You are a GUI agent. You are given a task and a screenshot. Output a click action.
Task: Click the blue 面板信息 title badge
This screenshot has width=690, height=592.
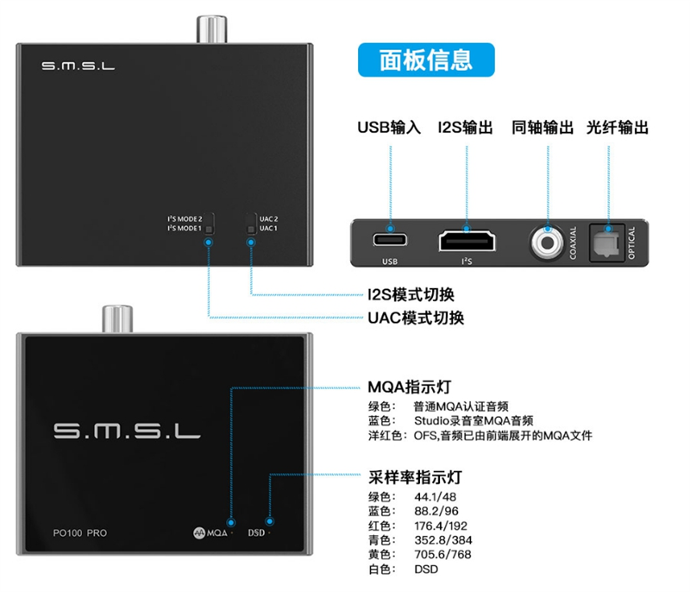point(426,60)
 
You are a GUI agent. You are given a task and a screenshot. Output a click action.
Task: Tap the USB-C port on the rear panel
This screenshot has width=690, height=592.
point(390,240)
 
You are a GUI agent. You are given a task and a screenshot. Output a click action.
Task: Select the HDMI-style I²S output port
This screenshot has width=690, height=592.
point(467,242)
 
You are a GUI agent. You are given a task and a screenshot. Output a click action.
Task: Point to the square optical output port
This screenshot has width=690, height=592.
point(607,242)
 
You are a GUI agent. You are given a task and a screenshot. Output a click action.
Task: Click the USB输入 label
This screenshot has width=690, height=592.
point(389,128)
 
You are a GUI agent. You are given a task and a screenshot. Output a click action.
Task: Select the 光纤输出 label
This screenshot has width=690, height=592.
point(618,128)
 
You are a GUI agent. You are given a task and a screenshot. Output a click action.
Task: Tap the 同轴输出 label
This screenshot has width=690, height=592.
point(543,128)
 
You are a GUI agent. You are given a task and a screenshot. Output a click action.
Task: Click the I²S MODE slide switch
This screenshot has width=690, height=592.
point(209,224)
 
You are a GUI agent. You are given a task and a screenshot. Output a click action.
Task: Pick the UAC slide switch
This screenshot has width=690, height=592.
point(251,224)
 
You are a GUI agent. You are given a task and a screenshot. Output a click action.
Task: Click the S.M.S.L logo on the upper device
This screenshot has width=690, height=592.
point(78,66)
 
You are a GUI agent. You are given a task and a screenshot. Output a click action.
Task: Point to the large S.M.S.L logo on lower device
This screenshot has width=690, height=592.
point(127,431)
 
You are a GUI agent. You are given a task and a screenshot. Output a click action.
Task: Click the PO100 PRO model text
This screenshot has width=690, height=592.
point(79,533)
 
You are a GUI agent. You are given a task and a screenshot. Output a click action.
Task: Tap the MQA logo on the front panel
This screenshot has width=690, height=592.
point(210,533)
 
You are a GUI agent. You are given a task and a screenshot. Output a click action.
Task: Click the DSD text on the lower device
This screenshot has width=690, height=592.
point(256,533)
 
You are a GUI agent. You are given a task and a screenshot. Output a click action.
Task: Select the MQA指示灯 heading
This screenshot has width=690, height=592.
point(409,387)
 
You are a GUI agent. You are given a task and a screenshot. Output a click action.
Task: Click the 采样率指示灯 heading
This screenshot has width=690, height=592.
point(415,477)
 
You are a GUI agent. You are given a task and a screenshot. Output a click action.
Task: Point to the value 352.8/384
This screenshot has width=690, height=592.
point(443,540)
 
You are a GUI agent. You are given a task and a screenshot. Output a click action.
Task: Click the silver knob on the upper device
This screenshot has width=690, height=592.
point(211,29)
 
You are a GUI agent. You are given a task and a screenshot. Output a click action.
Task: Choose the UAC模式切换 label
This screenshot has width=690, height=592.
point(416,318)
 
